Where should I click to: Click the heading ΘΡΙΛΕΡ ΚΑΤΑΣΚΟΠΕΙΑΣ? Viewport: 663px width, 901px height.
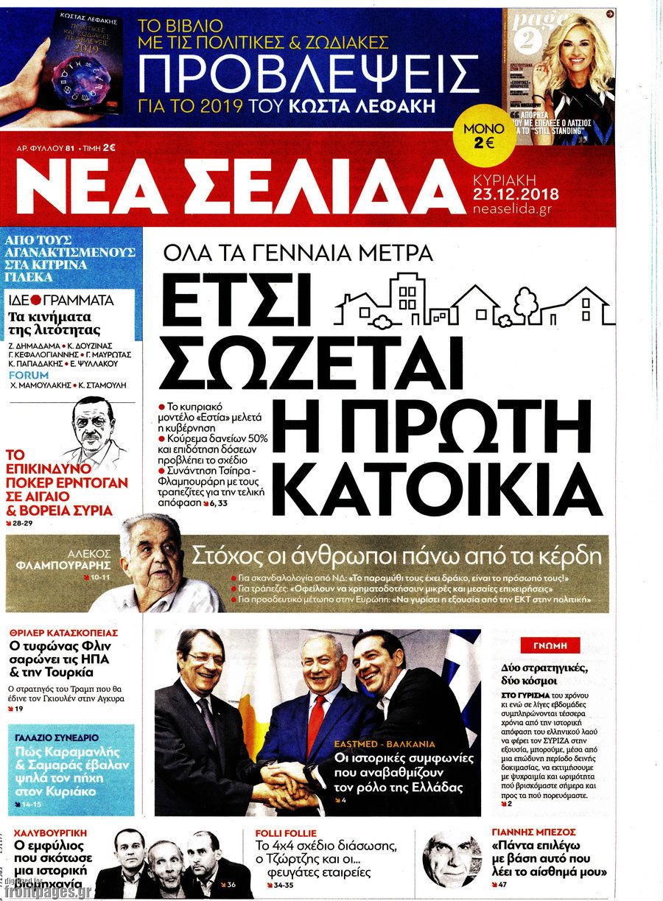63,632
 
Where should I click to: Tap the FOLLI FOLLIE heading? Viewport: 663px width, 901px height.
286,833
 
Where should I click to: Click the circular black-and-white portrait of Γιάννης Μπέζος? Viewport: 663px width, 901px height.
451,858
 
